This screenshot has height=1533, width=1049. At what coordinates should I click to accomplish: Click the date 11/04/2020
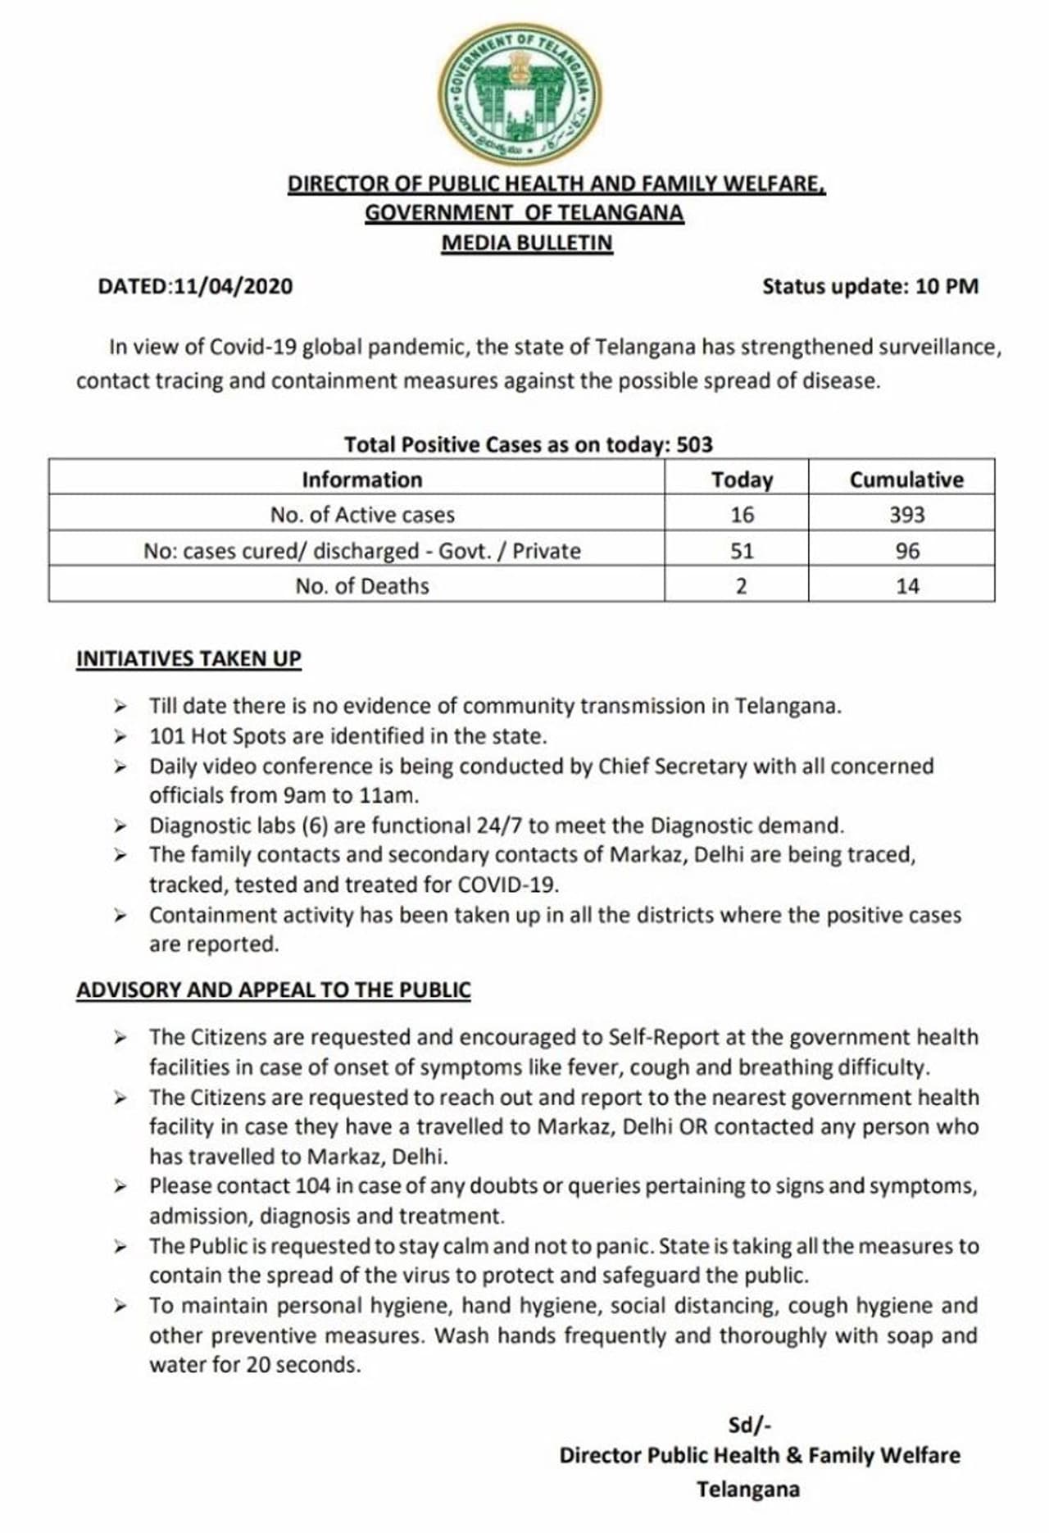234,287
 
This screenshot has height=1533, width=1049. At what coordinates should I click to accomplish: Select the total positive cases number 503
695,444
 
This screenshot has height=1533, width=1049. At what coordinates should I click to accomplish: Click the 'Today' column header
742,480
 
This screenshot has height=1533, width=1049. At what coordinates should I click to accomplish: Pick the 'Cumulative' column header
906,480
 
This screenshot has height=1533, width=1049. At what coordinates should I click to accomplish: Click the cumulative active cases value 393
906,515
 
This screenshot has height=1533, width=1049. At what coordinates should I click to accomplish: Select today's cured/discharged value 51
742,551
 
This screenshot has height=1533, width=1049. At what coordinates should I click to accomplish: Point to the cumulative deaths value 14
907,586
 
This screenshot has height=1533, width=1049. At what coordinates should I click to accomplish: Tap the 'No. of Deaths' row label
362,586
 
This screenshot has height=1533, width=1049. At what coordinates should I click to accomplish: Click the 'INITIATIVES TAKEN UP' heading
188,659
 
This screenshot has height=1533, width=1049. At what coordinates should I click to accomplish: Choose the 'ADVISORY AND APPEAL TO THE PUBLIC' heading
274,990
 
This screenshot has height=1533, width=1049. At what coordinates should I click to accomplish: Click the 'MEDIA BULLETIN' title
527,243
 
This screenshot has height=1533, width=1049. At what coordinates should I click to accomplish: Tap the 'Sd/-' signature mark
750,1425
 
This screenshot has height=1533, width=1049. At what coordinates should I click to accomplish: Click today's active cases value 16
742,515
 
